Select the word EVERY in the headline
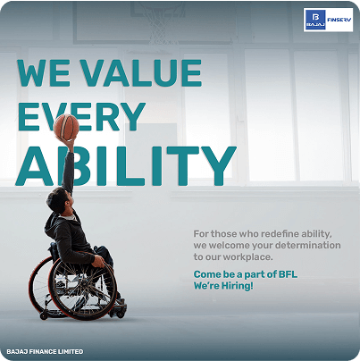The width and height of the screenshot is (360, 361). tap(80, 118)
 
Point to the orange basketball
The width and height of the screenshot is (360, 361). tap(66, 128)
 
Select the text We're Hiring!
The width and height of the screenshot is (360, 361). tap(223, 285)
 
